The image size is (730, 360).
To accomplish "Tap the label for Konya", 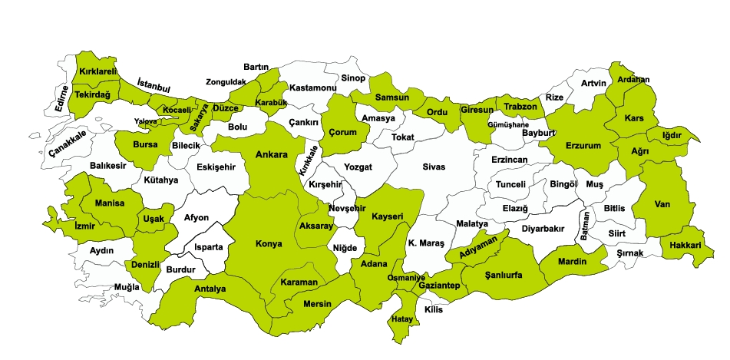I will (x=269, y=244).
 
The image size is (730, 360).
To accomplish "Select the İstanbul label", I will (x=153, y=85).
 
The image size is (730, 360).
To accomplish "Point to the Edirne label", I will (x=62, y=98).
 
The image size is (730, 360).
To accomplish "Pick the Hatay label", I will (x=402, y=319).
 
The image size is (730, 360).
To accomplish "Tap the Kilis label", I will (x=434, y=309).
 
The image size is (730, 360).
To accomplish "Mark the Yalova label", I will (x=145, y=121).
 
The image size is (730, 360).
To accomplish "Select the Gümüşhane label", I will (x=508, y=124).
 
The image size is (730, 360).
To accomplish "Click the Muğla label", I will (x=127, y=288).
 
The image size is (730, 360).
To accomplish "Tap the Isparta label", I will (x=208, y=247).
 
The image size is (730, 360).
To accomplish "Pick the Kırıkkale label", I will (x=309, y=160).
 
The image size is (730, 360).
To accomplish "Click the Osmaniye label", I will (x=406, y=277).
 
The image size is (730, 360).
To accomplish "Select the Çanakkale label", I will (x=68, y=144).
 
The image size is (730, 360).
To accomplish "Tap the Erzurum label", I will (x=583, y=145).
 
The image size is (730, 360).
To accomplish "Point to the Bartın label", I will (x=255, y=68).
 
